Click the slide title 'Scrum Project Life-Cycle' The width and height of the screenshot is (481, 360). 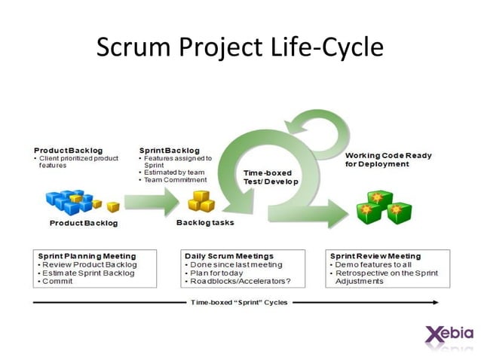[x=240, y=47]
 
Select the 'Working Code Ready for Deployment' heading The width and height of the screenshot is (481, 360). [x=388, y=159]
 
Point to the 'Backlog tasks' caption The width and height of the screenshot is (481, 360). [x=205, y=223]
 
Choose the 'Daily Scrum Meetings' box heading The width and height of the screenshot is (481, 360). [x=229, y=256]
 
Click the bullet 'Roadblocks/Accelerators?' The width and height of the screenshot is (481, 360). [x=239, y=281]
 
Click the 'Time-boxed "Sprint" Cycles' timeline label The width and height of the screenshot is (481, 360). [x=240, y=302]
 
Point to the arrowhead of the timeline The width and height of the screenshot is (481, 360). [x=435, y=302]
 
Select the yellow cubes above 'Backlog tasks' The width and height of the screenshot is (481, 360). [x=202, y=200]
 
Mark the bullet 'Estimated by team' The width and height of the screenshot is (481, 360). [x=174, y=172]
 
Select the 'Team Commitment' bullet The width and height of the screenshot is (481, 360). [x=176, y=180]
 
